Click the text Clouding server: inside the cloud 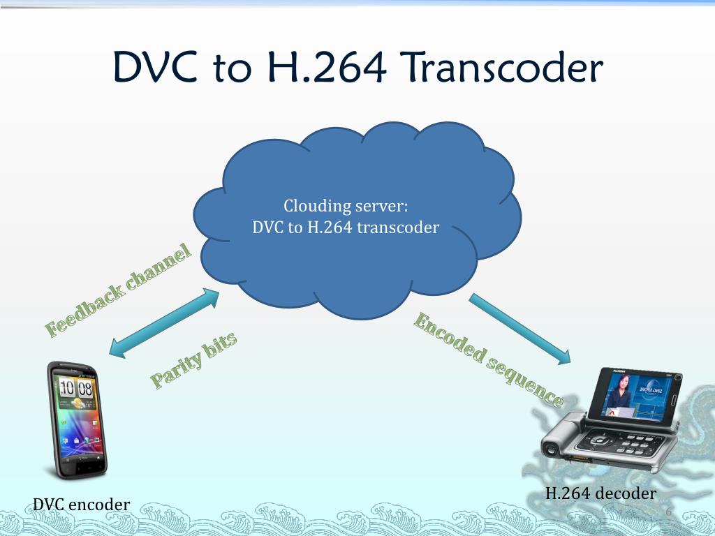tap(345, 207)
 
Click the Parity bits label tap(193, 359)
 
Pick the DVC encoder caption tap(81, 503)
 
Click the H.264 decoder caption tap(600, 493)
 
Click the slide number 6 tap(668, 514)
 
